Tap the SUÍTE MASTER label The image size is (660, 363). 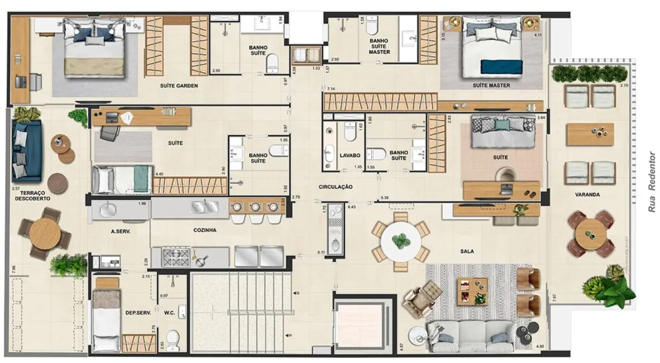[x=491, y=85]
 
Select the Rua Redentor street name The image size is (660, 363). [x=651, y=181]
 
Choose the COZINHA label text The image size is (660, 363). [x=205, y=230]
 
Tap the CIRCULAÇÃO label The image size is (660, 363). [x=336, y=187]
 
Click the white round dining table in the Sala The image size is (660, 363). [x=400, y=241]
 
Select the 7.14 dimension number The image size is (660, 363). [x=331, y=89]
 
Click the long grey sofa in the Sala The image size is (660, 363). [x=471, y=335]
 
